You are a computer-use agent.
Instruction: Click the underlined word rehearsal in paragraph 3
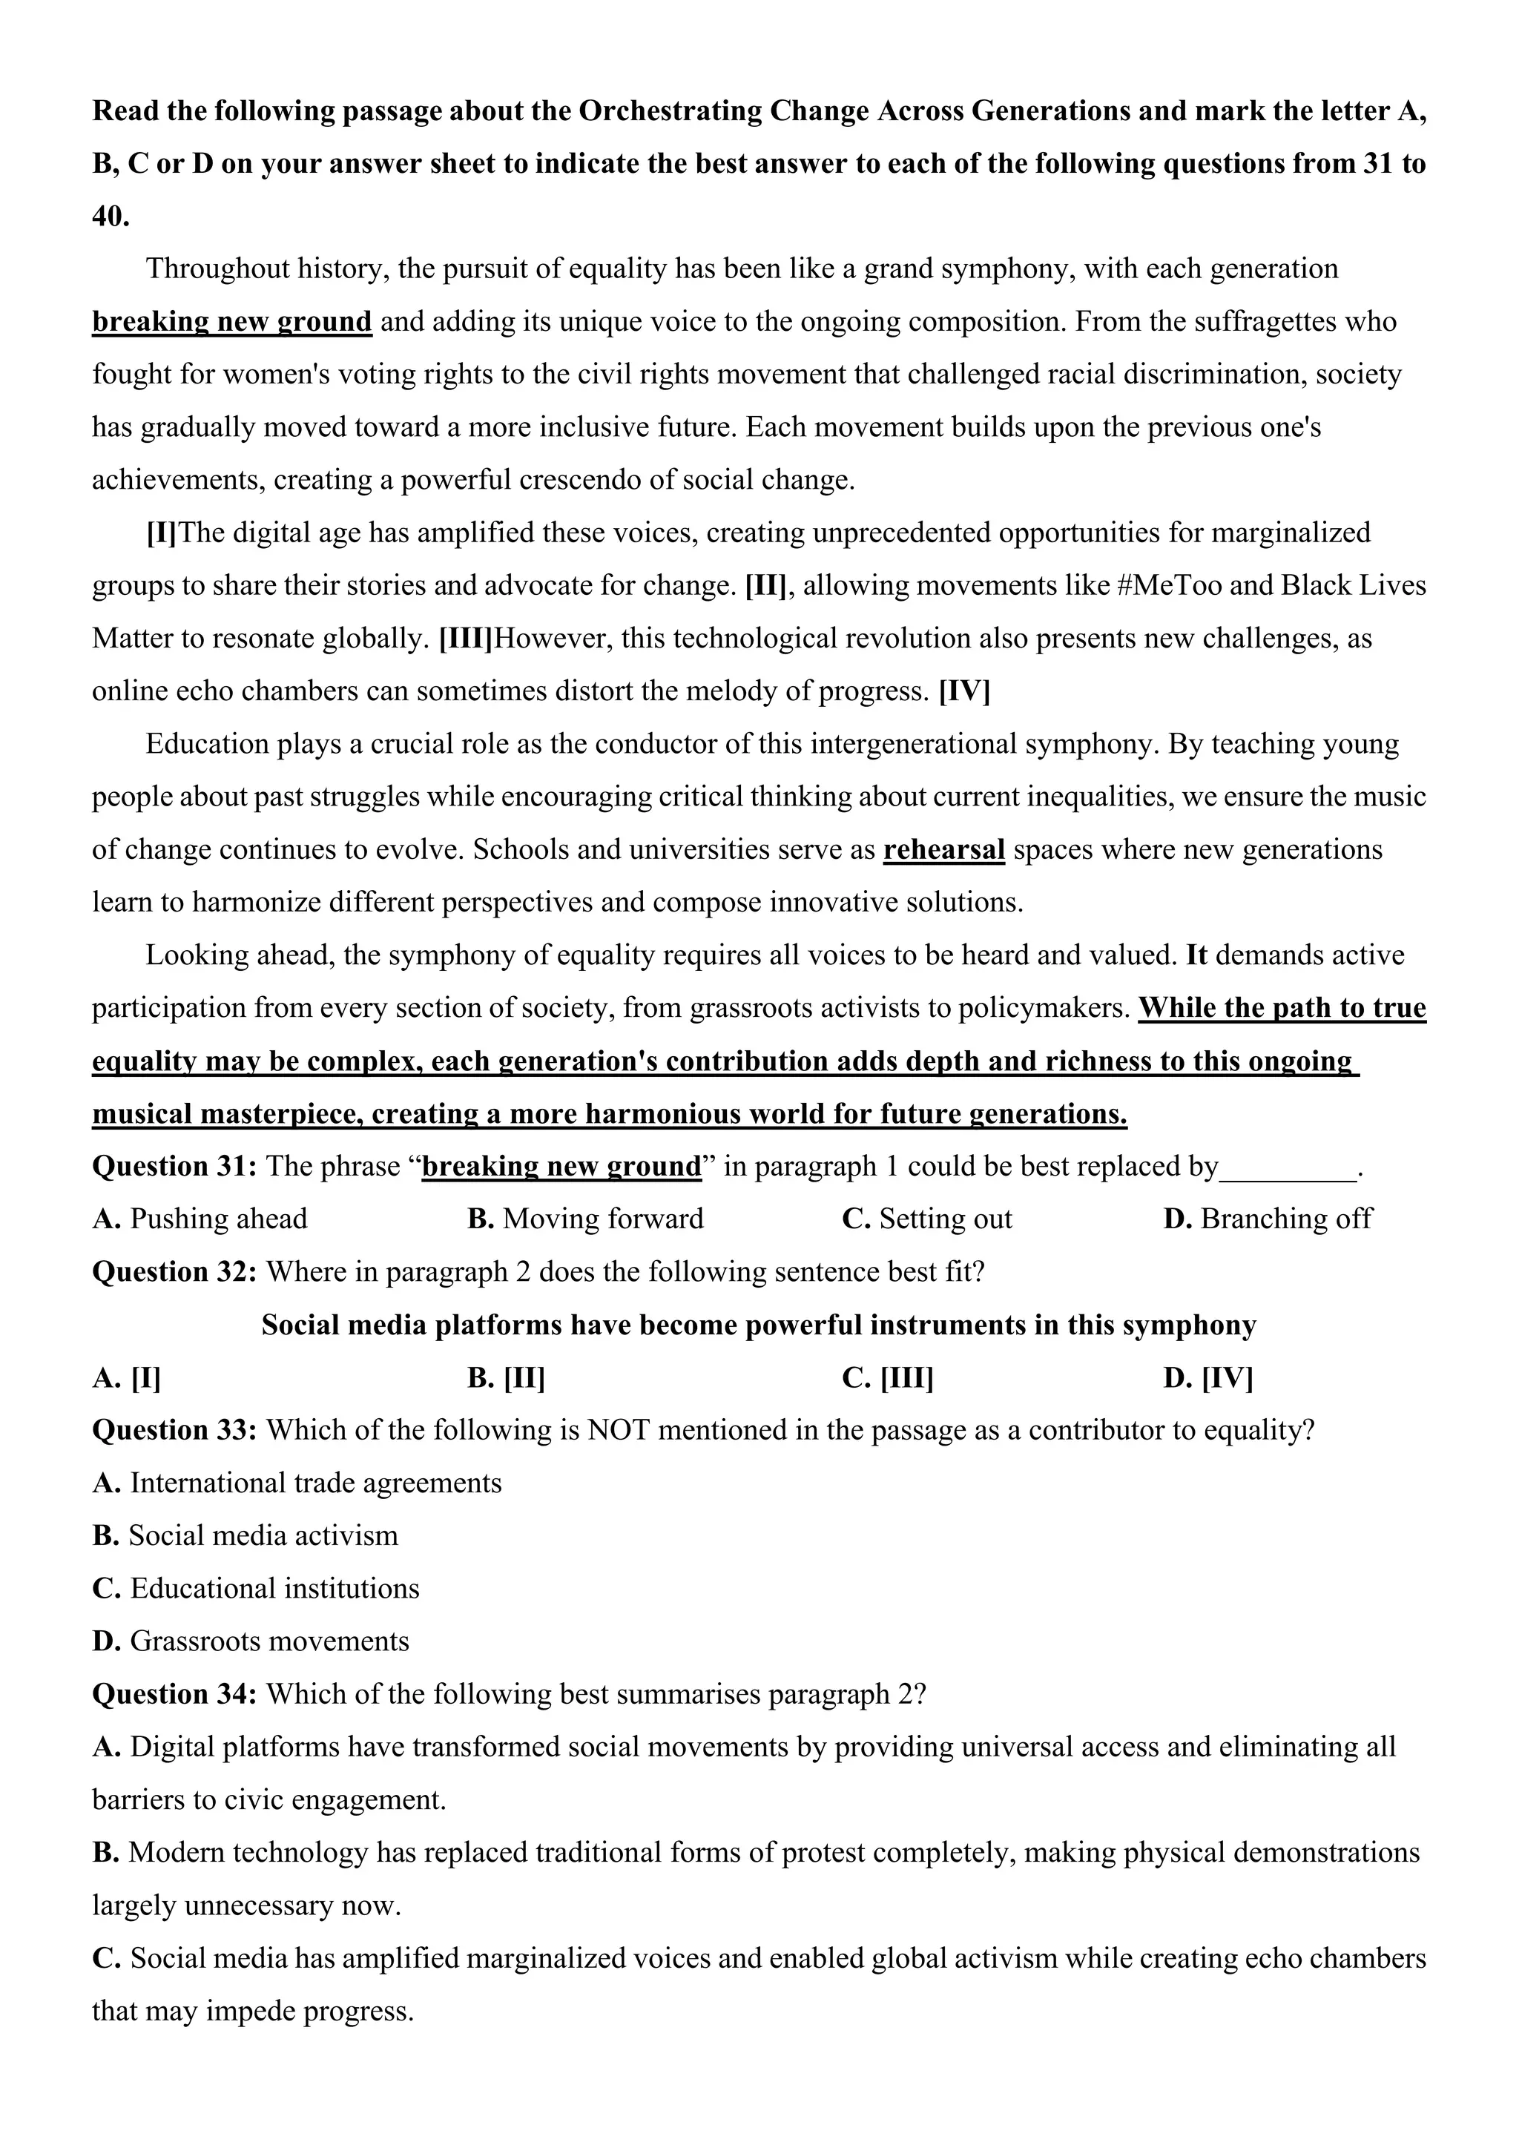pos(943,849)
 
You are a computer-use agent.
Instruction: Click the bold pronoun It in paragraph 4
pos(1196,955)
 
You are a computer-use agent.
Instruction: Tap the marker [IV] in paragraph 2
pos(964,691)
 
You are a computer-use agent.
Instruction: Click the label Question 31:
pos(175,1167)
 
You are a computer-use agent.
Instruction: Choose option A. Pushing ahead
pos(200,1219)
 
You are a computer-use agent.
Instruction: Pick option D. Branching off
pos(1267,1219)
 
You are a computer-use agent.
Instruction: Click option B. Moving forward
pos(584,1219)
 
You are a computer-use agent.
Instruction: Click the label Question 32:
pos(175,1272)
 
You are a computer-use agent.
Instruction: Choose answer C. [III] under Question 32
pos(887,1378)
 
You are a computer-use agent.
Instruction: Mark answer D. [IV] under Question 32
pos(1207,1378)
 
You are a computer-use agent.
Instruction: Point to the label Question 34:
pos(175,1694)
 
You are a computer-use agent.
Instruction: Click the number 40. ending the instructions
pos(111,217)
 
